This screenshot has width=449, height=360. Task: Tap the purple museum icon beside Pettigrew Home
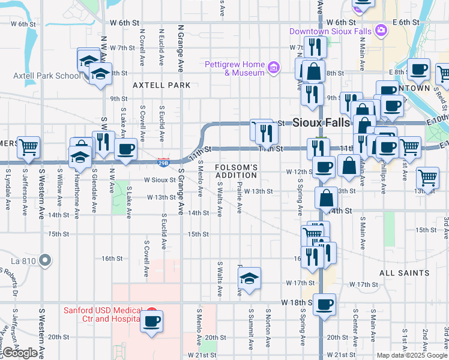(x=274, y=67)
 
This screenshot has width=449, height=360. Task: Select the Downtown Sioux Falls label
(x=330, y=31)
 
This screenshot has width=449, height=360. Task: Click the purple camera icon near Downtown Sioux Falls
(x=380, y=30)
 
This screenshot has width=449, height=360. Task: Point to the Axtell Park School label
(x=47, y=76)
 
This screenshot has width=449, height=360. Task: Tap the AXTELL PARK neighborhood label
(x=161, y=85)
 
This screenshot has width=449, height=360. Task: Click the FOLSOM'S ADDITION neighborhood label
(x=237, y=171)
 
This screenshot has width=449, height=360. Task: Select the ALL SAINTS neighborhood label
(x=404, y=272)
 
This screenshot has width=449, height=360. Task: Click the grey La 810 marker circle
(x=45, y=260)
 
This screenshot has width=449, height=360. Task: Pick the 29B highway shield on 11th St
(x=163, y=161)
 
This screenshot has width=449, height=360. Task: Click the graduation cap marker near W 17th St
(x=249, y=278)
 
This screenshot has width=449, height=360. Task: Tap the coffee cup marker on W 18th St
(x=324, y=304)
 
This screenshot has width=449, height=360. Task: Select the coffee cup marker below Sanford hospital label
(x=151, y=322)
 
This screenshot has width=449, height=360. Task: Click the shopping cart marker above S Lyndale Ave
(x=28, y=147)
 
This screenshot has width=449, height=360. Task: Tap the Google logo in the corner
(x=20, y=353)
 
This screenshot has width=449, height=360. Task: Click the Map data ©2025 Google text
(x=411, y=355)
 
